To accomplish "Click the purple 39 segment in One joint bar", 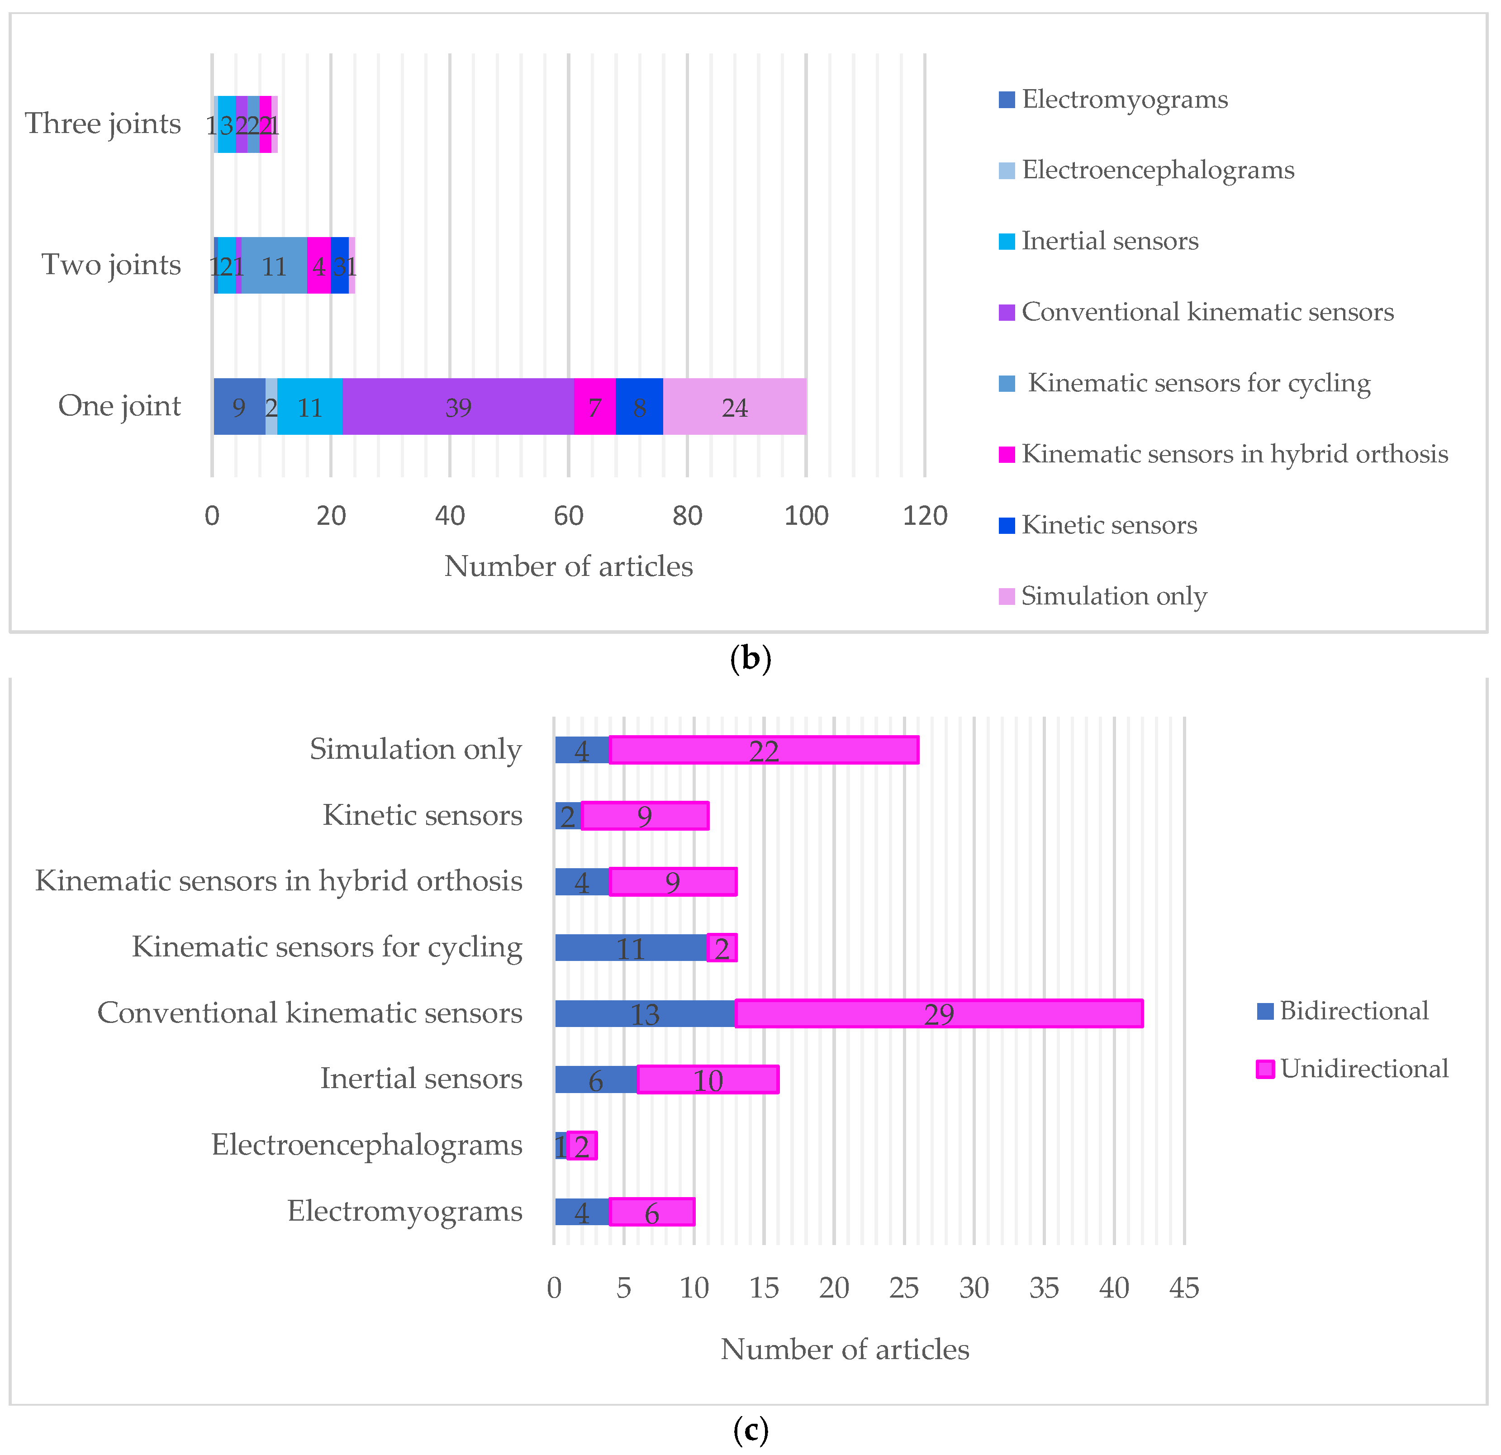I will pos(458,407).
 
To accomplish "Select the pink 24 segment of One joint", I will pos(734,407).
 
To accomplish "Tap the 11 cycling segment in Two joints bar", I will pos(274,266).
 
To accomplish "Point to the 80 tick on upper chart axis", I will pos(687,515).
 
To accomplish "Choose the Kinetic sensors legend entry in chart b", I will pos(1108,524).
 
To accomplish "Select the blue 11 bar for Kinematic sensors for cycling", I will pos(630,948).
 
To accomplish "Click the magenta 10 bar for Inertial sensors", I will pos(708,1080).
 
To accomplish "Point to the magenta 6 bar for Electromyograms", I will pos(652,1212).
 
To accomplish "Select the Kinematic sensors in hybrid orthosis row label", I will pos(279,881).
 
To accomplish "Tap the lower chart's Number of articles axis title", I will pos(845,1349).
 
